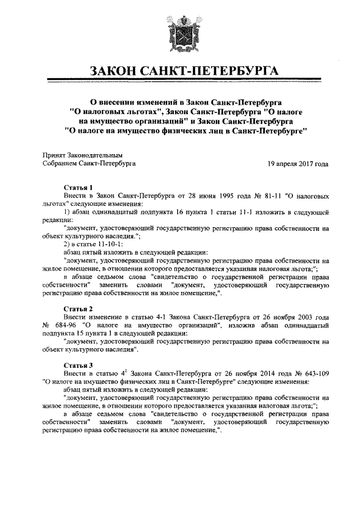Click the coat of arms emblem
(180, 34)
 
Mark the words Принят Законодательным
(83, 155)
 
